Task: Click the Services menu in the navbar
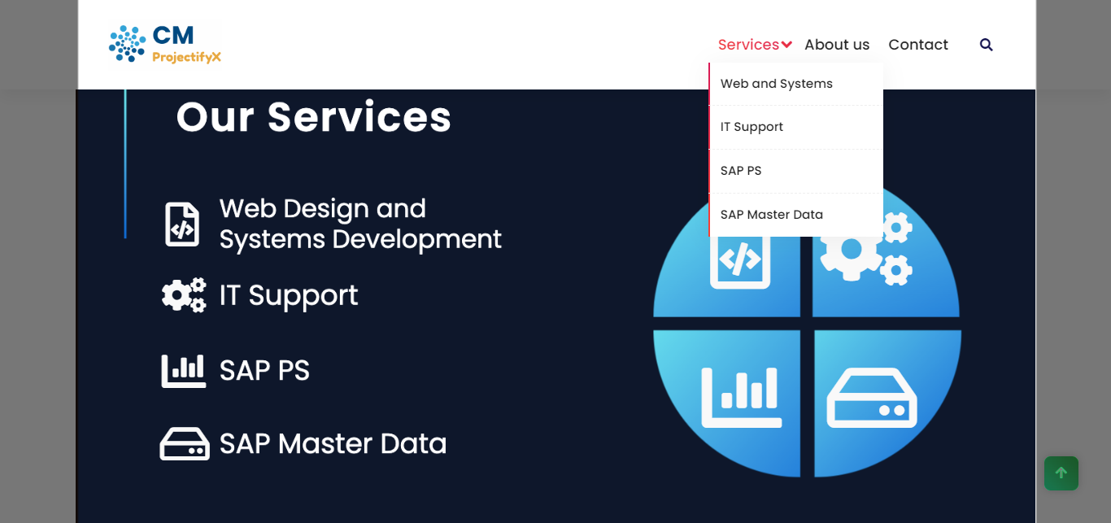click(748, 45)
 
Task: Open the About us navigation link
click(837, 45)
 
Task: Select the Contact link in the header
click(918, 45)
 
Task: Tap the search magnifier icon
click(987, 45)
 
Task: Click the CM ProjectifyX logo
click(165, 44)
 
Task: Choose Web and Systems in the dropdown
click(777, 84)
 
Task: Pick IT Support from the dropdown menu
click(752, 127)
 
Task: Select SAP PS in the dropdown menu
click(741, 171)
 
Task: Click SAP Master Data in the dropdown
click(772, 215)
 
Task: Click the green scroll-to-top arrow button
click(1061, 473)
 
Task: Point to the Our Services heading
click(314, 117)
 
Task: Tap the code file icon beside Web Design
click(182, 224)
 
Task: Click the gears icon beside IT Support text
click(184, 295)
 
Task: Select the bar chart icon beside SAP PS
click(184, 371)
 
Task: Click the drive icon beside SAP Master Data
click(185, 444)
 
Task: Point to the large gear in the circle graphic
click(851, 249)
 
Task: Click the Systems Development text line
click(360, 240)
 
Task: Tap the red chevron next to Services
click(786, 45)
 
